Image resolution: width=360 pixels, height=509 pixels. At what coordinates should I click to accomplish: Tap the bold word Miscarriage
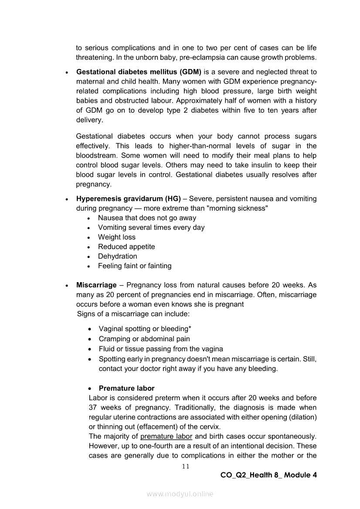pyautogui.click(x=96, y=285)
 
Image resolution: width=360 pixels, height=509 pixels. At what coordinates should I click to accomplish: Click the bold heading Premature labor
pyautogui.click(x=126, y=388)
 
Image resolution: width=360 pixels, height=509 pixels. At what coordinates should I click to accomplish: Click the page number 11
pyautogui.click(x=186, y=466)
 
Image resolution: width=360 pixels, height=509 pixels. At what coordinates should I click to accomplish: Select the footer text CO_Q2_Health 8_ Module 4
pyautogui.click(x=268, y=475)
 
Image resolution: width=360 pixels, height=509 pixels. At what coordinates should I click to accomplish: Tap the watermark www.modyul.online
pyautogui.click(x=180, y=494)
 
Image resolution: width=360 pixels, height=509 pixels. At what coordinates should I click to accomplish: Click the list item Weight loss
pyautogui.click(x=116, y=237)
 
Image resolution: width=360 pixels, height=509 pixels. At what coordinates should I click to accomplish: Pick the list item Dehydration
pyautogui.click(x=117, y=256)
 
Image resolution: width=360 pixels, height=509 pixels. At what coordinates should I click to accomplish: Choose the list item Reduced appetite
pyautogui.click(x=126, y=246)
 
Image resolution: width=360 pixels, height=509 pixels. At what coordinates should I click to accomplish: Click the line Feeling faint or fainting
pyautogui.click(x=135, y=266)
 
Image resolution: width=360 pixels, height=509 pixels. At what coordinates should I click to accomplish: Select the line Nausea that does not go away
pyautogui.click(x=147, y=218)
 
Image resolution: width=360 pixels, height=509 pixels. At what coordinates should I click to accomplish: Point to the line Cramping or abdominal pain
pyautogui.click(x=144, y=339)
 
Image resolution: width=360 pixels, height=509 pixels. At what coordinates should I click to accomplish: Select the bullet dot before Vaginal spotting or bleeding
pyautogui.click(x=90, y=330)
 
